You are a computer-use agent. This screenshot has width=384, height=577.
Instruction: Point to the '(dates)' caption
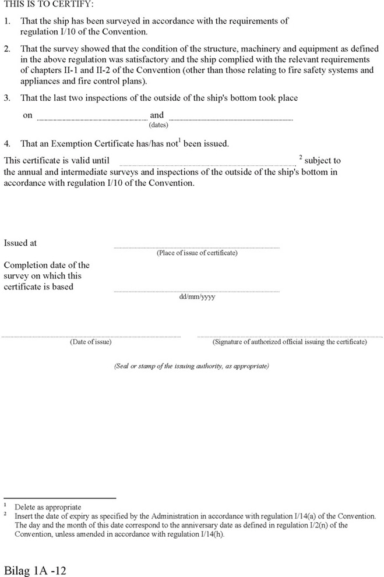pyautogui.click(x=158, y=125)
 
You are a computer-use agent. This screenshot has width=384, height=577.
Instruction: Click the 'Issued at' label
pyautogui.click(x=20, y=243)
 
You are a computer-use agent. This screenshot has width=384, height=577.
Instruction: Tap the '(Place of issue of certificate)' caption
pyautogui.click(x=197, y=253)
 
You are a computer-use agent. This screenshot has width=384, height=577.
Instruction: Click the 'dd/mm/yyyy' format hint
pyautogui.click(x=197, y=297)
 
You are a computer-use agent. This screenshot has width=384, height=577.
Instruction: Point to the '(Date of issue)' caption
pyautogui.click(x=91, y=342)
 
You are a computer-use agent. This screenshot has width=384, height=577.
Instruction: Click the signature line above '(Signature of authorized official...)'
pyautogui.click(x=289, y=337)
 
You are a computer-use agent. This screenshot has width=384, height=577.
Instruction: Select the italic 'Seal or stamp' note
pyautogui.click(x=191, y=367)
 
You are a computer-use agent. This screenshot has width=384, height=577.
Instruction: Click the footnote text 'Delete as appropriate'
pyautogui.click(x=48, y=507)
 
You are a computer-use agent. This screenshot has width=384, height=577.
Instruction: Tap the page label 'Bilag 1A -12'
pyautogui.click(x=36, y=569)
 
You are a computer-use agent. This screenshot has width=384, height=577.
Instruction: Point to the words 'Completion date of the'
pyautogui.click(x=47, y=266)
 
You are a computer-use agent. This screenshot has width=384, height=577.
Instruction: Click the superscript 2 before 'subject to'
pyautogui.click(x=300, y=158)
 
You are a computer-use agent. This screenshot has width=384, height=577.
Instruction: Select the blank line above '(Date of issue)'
pyautogui.click(x=91, y=337)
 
